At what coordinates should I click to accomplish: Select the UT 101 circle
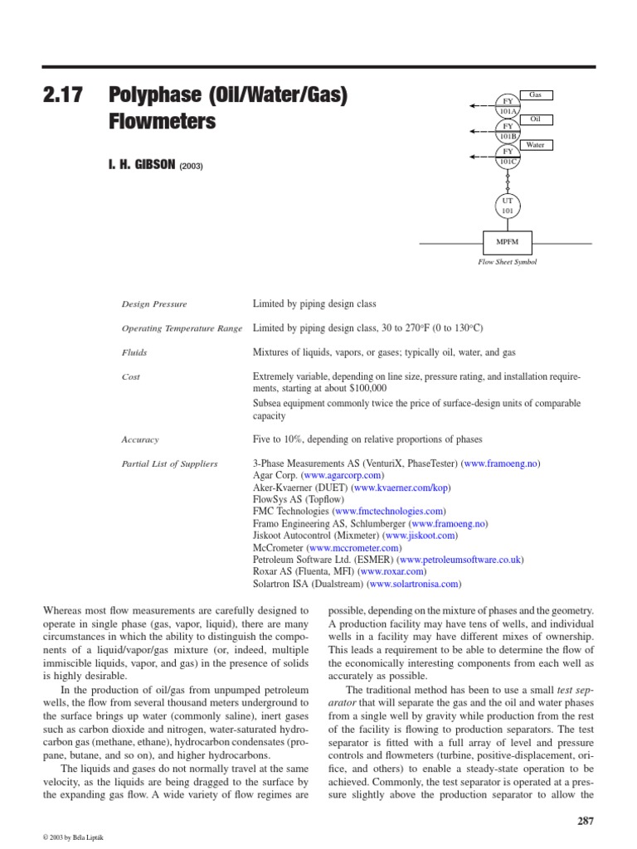click(507, 206)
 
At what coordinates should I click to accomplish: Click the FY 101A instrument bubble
click(507, 105)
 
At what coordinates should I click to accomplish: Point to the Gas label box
click(535, 95)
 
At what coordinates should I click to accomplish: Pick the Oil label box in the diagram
click(535, 120)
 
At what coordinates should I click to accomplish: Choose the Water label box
click(535, 145)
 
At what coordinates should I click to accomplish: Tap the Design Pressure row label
click(153, 304)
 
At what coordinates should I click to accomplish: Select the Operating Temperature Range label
click(182, 328)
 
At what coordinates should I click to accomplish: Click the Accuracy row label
click(139, 439)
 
